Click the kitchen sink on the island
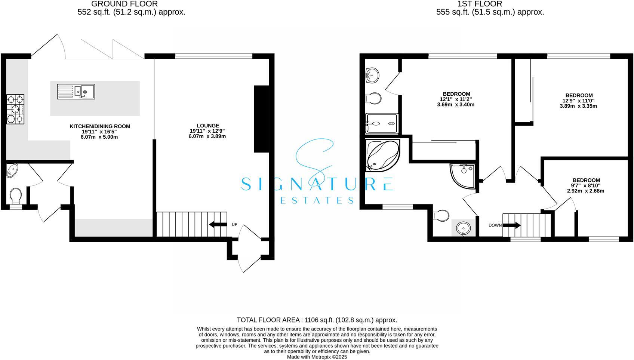[76, 91]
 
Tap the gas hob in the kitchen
[15, 109]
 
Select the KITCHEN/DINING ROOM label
[100, 126]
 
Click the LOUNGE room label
[208, 126]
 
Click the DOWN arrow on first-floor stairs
[512, 225]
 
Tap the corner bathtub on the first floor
[382, 155]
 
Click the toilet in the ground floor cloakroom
[16, 195]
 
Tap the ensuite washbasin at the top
[372, 75]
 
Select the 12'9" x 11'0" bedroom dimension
[579, 101]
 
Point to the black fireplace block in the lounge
[261, 119]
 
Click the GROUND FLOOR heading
[124, 4]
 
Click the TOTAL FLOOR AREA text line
[317, 320]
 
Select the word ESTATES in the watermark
[317, 201]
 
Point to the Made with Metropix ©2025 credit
[317, 357]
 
